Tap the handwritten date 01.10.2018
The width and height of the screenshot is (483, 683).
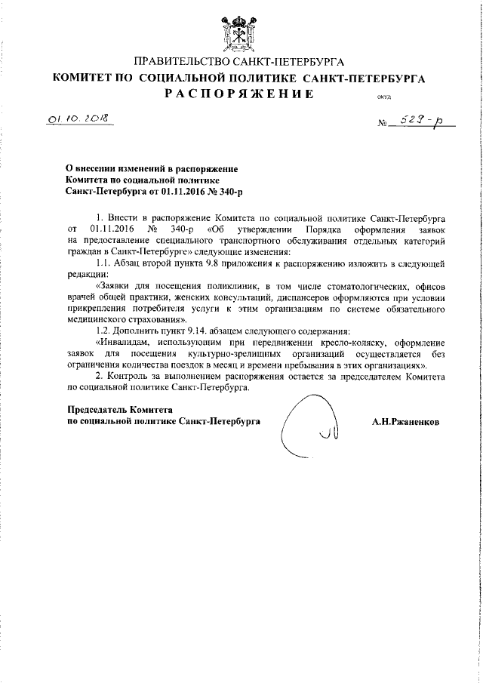pos(77,120)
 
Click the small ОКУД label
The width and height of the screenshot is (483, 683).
pos(383,97)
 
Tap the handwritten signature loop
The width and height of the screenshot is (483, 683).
pos(306,427)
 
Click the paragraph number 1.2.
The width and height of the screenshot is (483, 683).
pos(106,331)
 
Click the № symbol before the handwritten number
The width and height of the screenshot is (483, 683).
pos(382,125)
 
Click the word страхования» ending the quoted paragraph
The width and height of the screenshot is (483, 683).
pos(149,319)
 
